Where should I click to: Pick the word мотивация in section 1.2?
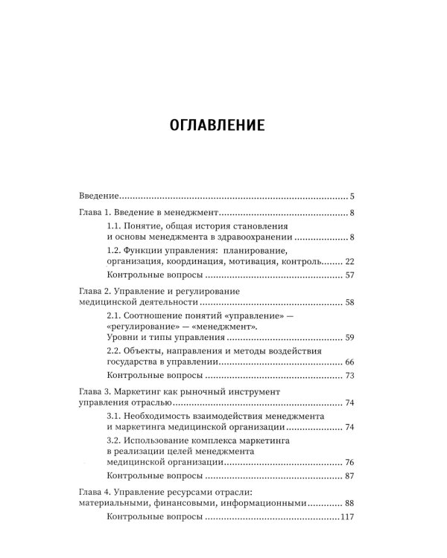(x=252, y=262)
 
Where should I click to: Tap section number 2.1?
(x=115, y=316)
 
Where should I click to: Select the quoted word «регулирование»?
(x=148, y=327)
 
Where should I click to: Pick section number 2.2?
(x=115, y=351)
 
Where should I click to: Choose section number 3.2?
(x=115, y=440)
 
